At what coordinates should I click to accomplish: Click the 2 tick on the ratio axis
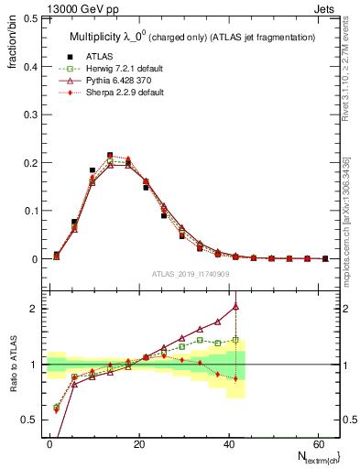pos(33,309)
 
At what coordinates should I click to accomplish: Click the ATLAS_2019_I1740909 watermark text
pos(191,274)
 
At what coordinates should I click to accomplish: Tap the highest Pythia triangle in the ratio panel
pos(235,306)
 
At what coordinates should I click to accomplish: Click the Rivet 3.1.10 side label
pos(347,82)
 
